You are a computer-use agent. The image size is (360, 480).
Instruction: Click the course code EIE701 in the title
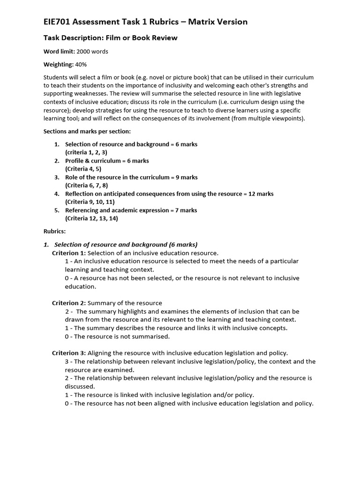click(x=58, y=22)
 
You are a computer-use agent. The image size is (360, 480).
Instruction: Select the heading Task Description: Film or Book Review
click(x=111, y=37)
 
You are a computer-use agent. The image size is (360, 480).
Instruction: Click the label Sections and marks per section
click(x=87, y=131)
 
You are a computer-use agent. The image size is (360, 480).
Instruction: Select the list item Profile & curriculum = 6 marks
click(x=107, y=161)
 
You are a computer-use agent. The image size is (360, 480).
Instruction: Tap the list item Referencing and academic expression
click(x=131, y=210)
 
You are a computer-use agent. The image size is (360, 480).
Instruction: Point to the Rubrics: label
click(x=55, y=232)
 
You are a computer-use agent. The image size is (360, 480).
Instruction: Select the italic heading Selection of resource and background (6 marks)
click(x=126, y=245)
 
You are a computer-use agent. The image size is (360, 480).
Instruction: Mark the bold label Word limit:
click(x=59, y=51)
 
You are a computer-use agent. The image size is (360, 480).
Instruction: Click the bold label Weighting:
click(x=58, y=64)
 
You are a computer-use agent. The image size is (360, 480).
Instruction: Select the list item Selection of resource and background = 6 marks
click(x=131, y=144)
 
